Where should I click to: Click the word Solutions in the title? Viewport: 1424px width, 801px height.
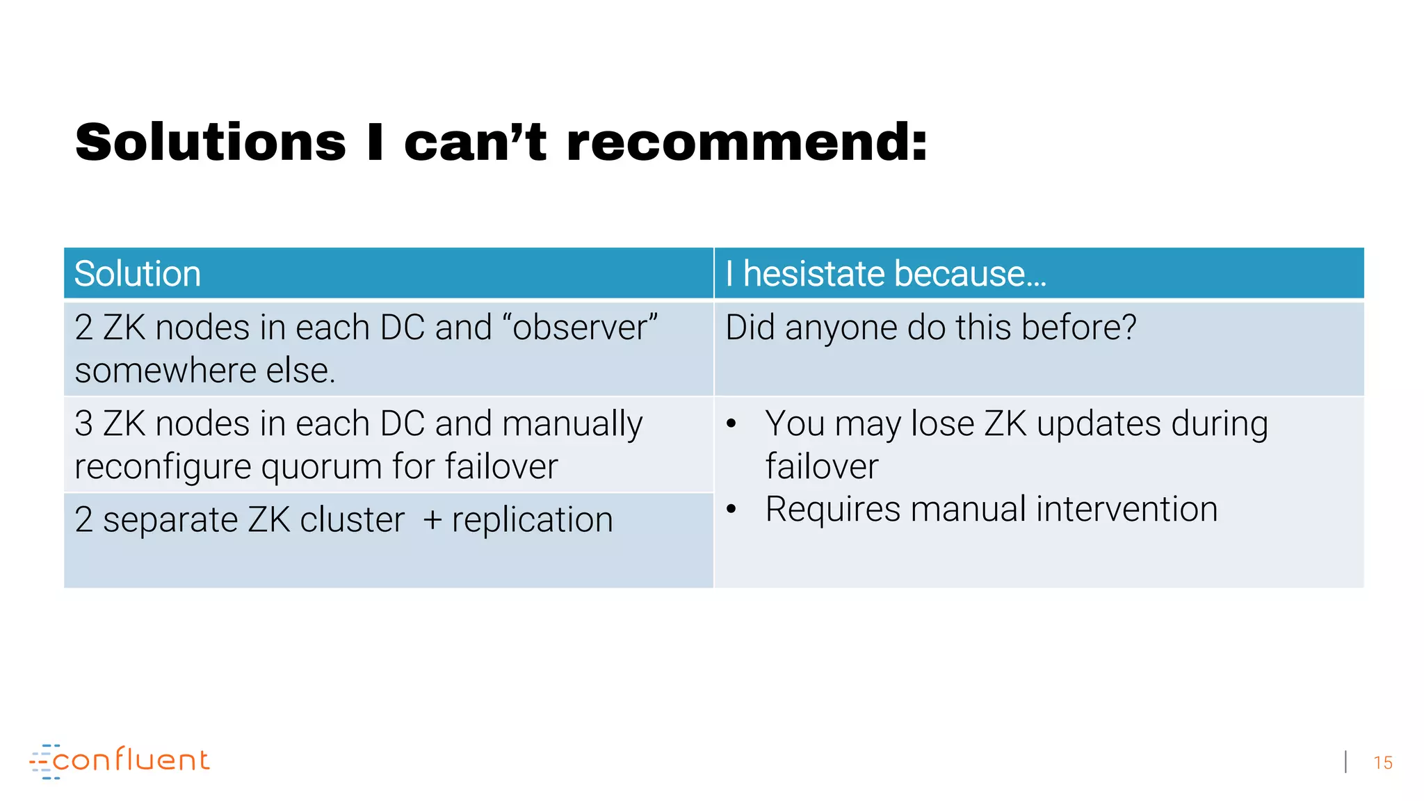point(211,143)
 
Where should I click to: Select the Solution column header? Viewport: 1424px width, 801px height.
point(138,273)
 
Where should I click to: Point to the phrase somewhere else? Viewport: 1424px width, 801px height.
point(205,371)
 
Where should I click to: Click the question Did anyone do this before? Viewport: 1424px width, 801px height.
point(930,327)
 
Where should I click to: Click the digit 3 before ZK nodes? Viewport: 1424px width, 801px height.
point(83,424)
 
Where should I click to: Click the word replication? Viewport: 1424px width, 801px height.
point(532,520)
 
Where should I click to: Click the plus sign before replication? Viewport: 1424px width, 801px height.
point(432,521)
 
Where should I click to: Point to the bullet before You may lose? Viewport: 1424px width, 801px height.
point(731,424)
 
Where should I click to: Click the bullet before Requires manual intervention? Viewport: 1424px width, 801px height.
point(731,510)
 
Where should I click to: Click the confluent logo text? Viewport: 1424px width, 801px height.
point(131,760)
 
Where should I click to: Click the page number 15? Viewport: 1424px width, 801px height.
point(1382,763)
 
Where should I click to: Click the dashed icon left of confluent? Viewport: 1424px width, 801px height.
point(42,761)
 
